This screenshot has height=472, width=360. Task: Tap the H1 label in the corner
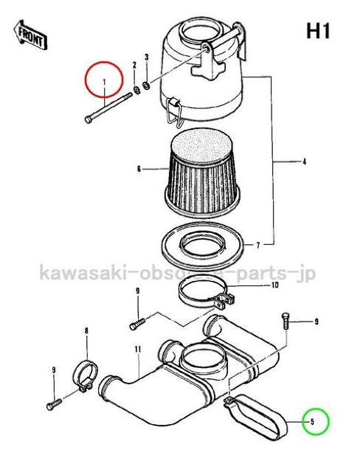pyautogui.click(x=317, y=32)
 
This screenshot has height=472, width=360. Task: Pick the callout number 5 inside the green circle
pyautogui.click(x=313, y=422)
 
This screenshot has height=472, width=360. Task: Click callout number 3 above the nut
pyautogui.click(x=147, y=58)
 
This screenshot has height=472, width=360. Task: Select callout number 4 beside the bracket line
pyautogui.click(x=303, y=160)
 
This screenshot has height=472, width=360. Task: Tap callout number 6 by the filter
pyautogui.click(x=138, y=169)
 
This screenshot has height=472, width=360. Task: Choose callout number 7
pyautogui.click(x=257, y=244)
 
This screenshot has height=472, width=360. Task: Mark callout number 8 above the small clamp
pyautogui.click(x=86, y=331)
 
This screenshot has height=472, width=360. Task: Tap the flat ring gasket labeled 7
pyautogui.click(x=202, y=243)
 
